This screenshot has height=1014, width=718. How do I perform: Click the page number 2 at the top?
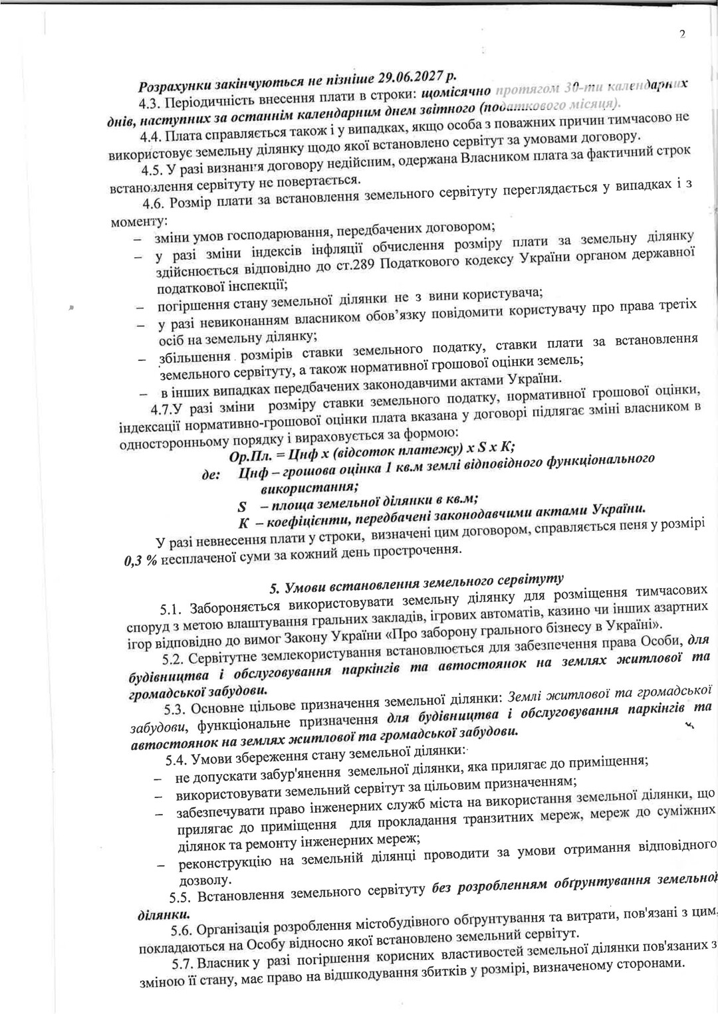pyautogui.click(x=683, y=35)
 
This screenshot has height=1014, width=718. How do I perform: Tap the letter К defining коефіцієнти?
pyautogui.click(x=244, y=523)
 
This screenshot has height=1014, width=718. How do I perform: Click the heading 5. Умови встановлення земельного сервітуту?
pyautogui.click(x=417, y=583)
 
